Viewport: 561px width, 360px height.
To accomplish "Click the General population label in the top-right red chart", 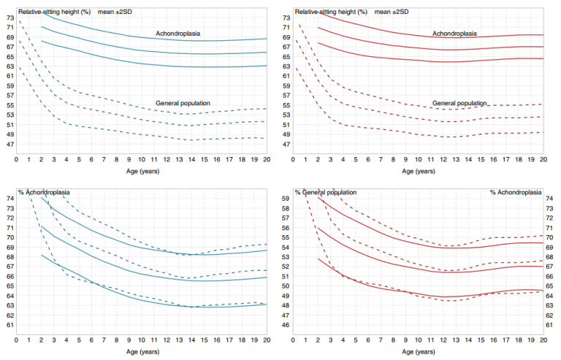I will tap(459, 103).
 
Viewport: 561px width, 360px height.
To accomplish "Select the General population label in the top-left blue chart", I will tap(183, 103).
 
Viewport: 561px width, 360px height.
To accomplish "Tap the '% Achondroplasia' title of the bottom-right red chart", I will tap(516, 192).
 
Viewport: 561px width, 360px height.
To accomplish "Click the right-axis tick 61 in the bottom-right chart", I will tap(549, 325).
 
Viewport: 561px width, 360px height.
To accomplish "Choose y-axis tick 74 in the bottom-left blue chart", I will tap(9, 199).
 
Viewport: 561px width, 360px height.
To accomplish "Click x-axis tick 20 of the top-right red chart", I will tap(543, 159).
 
